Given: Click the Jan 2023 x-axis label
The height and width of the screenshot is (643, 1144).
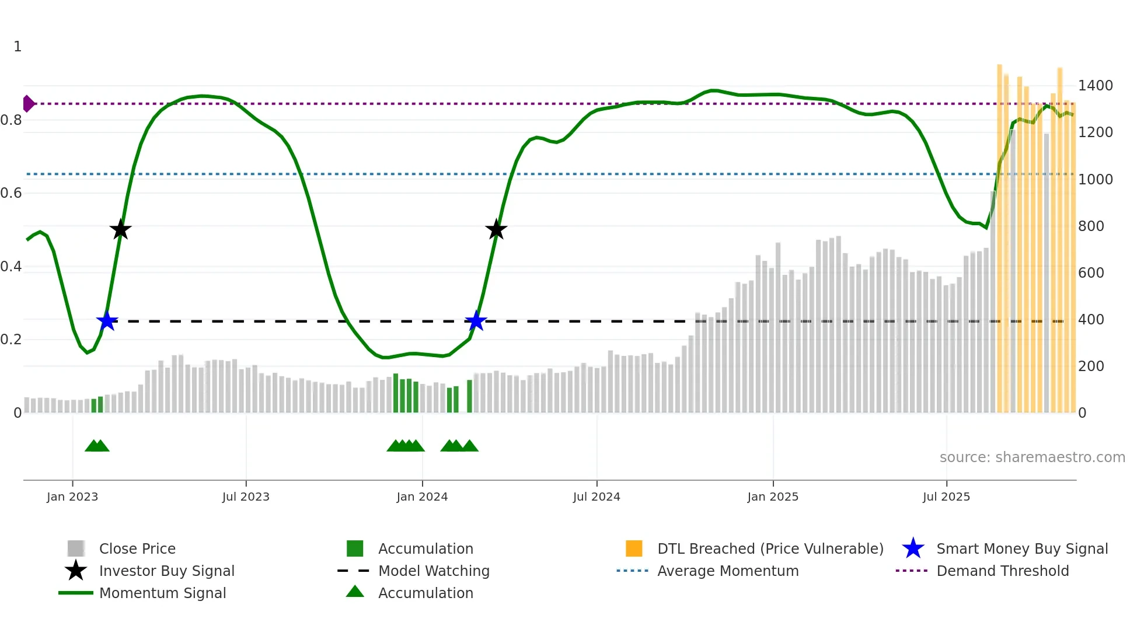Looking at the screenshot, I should (72, 497).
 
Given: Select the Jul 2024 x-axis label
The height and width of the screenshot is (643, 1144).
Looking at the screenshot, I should (597, 497).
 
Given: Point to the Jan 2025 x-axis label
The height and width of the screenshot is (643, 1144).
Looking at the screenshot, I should (773, 497).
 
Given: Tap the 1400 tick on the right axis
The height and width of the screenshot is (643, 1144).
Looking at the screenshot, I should (1096, 86).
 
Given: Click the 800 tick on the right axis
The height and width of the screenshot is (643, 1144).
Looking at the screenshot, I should (1091, 226).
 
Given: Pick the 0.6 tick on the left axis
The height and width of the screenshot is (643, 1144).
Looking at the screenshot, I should (11, 193).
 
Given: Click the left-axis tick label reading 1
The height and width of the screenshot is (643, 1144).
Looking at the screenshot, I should (18, 47).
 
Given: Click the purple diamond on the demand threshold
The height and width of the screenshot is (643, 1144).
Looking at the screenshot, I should (28, 104).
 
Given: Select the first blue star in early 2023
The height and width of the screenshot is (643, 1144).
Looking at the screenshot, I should (107, 321).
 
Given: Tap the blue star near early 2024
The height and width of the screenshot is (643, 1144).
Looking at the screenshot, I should (476, 321).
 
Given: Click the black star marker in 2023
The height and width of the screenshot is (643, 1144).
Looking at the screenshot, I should (120, 230).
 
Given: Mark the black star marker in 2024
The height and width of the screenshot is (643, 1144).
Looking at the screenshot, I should (496, 230).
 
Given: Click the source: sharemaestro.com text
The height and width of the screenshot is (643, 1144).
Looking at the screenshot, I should (1032, 457).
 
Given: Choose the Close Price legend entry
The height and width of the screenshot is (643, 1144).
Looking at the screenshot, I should (137, 548).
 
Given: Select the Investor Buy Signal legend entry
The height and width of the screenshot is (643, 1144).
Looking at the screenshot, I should (166, 571).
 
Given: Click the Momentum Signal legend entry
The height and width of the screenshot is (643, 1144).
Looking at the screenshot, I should (162, 593).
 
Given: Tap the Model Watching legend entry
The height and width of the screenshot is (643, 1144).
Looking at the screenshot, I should (434, 571).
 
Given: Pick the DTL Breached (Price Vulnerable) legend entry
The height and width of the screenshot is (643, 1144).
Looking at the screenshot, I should (770, 548).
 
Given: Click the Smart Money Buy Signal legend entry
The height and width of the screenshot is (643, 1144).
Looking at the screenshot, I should (1022, 548).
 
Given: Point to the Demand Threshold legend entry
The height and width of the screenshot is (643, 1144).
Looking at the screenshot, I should (1002, 571).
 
